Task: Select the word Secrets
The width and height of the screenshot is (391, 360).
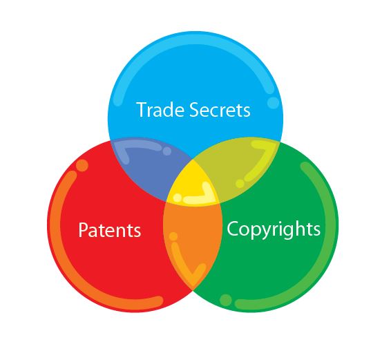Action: pyautogui.click(x=220, y=110)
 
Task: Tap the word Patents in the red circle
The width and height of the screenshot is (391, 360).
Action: pyautogui.click(x=109, y=230)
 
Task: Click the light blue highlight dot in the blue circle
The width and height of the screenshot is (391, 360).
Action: pyautogui.click(x=274, y=102)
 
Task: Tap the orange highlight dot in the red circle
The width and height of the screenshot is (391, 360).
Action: pyautogui.click(x=82, y=165)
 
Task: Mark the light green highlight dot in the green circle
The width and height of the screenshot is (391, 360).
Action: pyautogui.click(x=226, y=300)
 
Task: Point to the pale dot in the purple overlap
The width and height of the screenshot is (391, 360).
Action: pyautogui.click(x=166, y=151)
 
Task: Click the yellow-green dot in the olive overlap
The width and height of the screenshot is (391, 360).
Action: pyautogui.click(x=240, y=184)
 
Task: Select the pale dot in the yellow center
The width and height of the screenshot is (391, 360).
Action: pyautogui.click(x=178, y=198)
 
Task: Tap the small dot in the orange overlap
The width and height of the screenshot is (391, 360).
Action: pyautogui.click(x=173, y=236)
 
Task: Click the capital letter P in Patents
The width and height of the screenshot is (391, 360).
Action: pyautogui.click(x=83, y=230)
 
